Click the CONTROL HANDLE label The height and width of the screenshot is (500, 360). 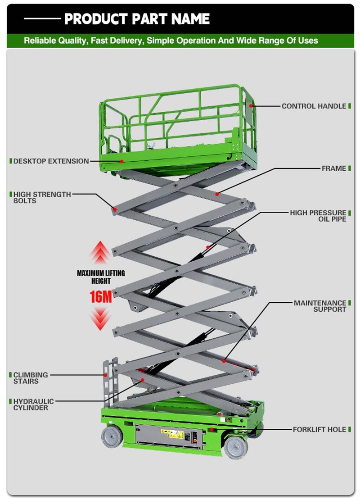(314, 106)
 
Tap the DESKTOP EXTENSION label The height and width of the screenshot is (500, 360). (51, 161)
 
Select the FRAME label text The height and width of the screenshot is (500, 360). (333, 168)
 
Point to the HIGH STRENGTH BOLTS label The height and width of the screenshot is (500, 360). (42, 197)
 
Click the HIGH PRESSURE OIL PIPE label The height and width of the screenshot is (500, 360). (318, 216)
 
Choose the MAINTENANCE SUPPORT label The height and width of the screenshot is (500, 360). (320, 306)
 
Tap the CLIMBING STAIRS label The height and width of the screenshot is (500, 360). (30, 378)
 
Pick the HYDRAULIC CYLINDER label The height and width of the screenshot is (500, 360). (33, 405)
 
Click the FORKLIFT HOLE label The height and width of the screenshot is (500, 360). (319, 429)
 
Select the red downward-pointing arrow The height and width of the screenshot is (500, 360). (100, 318)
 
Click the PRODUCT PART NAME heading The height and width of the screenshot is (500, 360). (137, 19)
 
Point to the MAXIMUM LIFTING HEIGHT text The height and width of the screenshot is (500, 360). (100, 277)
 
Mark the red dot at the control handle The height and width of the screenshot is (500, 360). (251, 105)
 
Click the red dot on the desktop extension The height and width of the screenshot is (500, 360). (121, 161)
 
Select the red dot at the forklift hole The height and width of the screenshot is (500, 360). (211, 429)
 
